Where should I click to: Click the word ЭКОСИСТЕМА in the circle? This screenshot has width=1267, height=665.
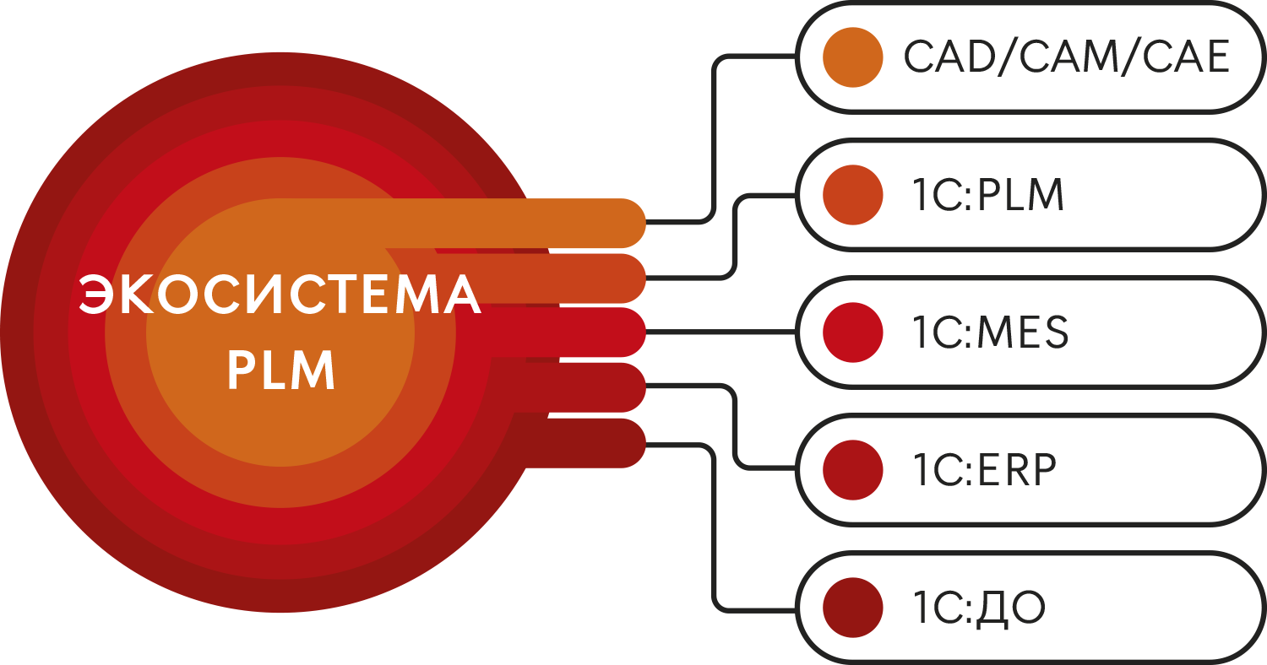[x=280, y=295]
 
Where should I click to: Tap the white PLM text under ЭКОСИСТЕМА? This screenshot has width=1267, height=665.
[x=281, y=370]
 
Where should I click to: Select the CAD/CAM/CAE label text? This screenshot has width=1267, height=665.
[x=1066, y=58]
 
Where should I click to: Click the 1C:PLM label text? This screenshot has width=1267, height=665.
[x=987, y=195]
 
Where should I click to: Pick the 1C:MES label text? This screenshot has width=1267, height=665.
[x=990, y=332]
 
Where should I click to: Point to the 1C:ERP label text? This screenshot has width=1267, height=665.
[x=984, y=470]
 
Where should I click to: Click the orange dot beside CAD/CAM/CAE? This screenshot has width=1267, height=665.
[x=853, y=57]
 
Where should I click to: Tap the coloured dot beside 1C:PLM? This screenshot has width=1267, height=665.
[x=853, y=195]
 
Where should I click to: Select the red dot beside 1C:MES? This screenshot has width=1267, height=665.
[x=853, y=332]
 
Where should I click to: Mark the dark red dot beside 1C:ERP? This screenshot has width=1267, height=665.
[x=853, y=470]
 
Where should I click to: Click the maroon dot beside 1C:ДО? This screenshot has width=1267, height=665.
[x=853, y=608]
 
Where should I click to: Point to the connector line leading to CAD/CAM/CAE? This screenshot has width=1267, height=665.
[x=715, y=135]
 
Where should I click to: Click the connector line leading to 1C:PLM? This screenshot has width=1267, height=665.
[x=737, y=236]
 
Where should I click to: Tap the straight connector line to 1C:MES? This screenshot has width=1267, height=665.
[x=722, y=332]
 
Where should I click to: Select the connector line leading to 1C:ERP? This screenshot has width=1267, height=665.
[x=737, y=426]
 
